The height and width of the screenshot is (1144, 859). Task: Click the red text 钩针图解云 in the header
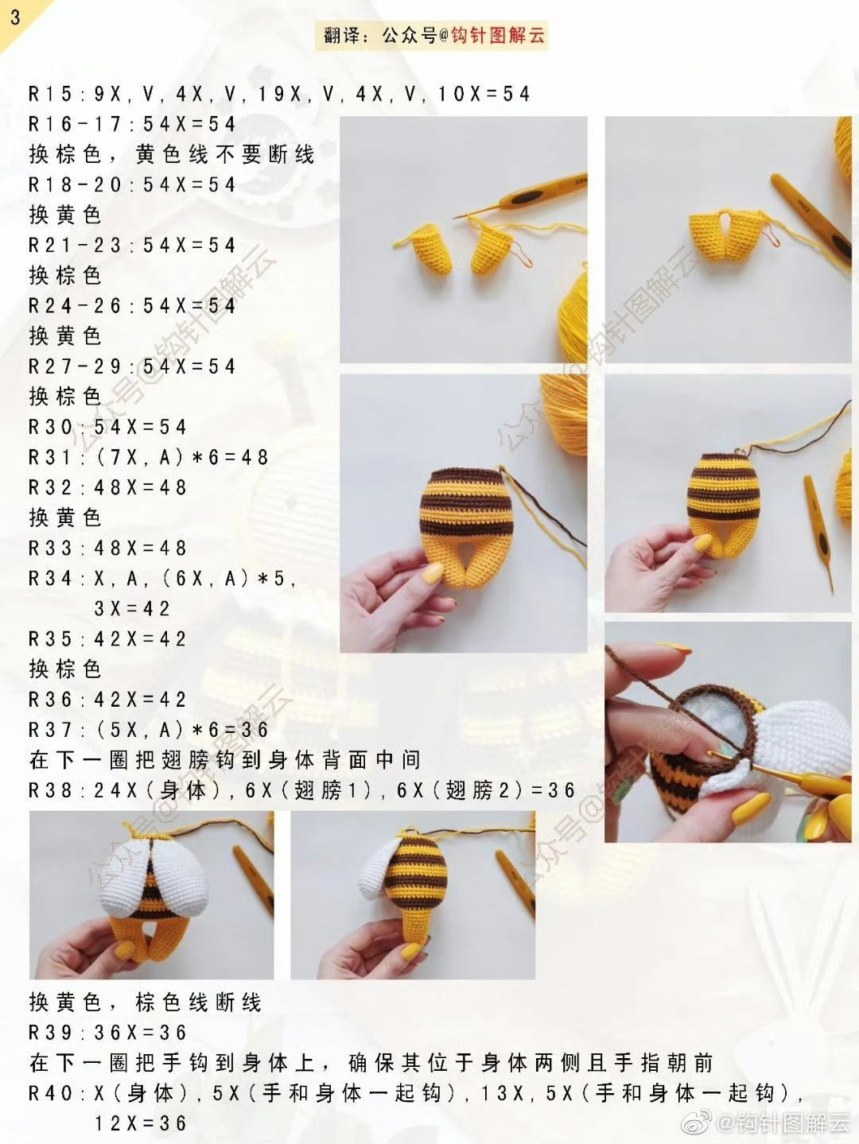(x=498, y=36)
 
